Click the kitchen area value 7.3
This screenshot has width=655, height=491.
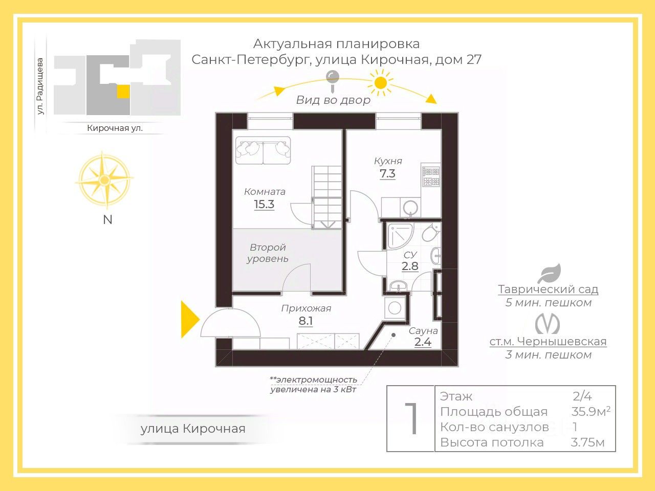(387, 174)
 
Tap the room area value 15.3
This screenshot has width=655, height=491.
(264, 205)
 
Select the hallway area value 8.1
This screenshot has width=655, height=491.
(305, 321)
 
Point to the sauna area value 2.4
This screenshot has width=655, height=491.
(423, 343)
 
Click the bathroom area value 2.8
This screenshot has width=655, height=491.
(410, 266)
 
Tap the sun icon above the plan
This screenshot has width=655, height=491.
(380, 83)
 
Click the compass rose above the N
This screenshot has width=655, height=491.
(104, 180)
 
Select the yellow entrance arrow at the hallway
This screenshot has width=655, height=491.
(189, 320)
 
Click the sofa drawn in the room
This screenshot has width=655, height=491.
(263, 150)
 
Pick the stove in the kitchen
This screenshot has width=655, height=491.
(430, 176)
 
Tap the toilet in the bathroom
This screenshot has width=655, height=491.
(430, 233)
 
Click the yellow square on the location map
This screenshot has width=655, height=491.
(123, 92)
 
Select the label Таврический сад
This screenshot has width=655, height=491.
(548, 289)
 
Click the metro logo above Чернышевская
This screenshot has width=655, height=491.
(548, 324)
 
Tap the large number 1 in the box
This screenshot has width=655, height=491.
(411, 419)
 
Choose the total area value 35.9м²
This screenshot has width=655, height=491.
(591, 412)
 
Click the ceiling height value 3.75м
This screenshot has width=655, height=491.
(587, 442)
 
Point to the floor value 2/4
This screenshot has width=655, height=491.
(582, 396)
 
